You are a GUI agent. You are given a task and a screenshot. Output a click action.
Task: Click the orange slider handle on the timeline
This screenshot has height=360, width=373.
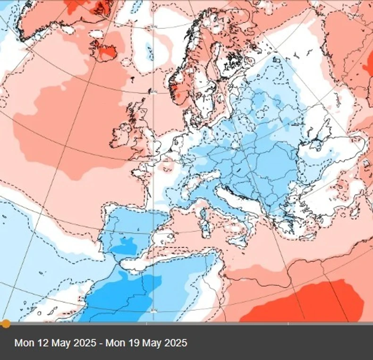click(x=5, y=324)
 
